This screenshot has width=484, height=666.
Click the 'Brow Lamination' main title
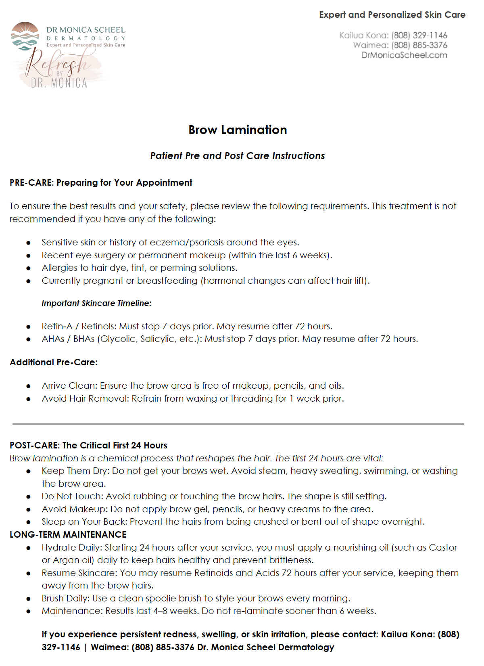click(238, 130)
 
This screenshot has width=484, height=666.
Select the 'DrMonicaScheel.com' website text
click(404, 55)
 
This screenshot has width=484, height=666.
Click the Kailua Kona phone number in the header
click(419, 36)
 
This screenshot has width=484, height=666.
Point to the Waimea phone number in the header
click(419, 45)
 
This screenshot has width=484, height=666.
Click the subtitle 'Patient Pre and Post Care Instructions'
click(237, 156)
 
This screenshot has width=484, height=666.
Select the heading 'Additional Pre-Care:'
click(54, 362)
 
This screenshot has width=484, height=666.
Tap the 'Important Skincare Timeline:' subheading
click(96, 303)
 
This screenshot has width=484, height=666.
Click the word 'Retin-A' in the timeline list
click(57, 326)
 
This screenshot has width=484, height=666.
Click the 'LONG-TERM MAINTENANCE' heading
click(68, 535)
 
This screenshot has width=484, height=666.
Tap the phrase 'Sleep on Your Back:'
click(84, 522)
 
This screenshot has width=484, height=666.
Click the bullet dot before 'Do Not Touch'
click(29, 497)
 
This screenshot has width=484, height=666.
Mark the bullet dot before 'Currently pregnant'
click(29, 281)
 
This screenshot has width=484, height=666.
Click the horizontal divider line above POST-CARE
click(238, 424)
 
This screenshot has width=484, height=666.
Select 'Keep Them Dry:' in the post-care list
click(75, 471)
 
